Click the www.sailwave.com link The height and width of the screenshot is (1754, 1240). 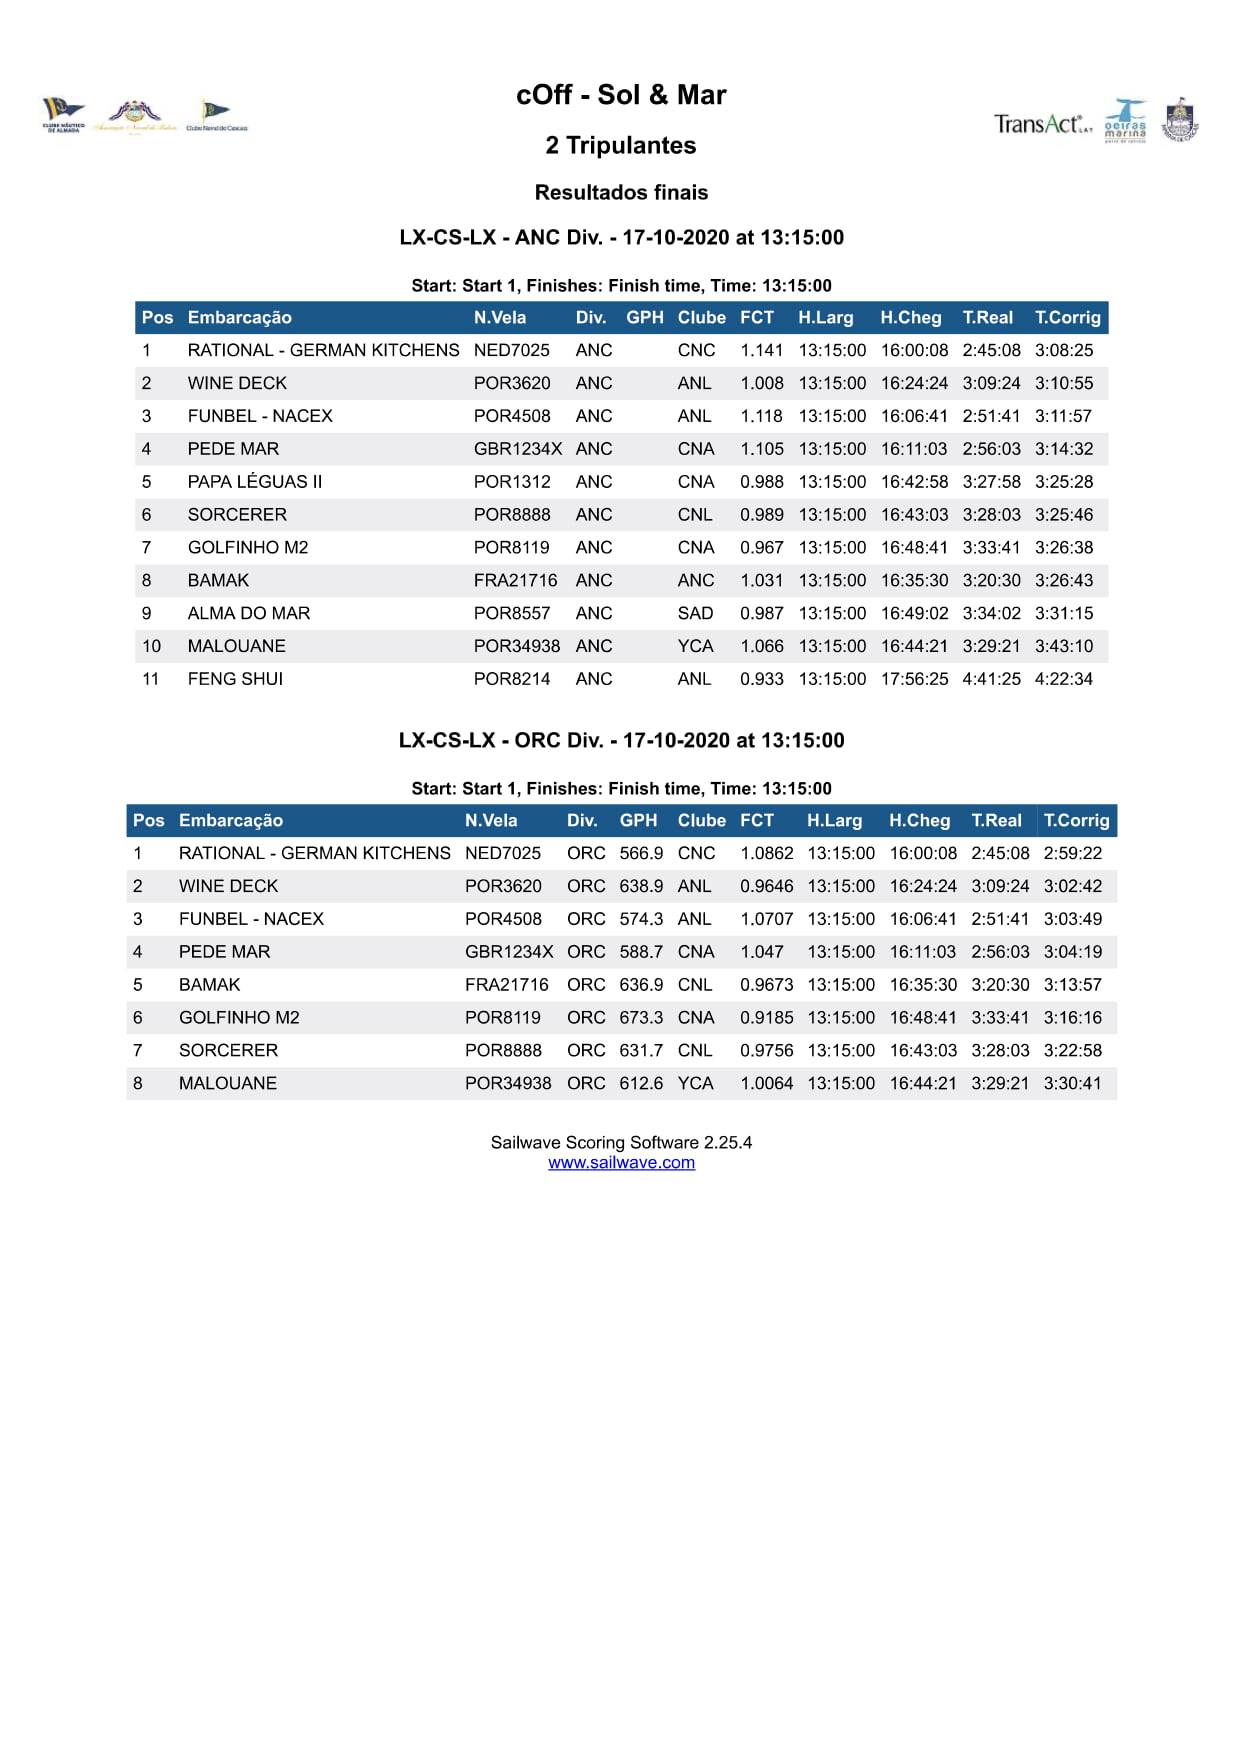(621, 1162)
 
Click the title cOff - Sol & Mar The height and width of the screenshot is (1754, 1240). (621, 95)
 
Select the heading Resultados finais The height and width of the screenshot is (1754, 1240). (621, 192)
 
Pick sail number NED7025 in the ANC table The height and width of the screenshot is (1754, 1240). (511, 350)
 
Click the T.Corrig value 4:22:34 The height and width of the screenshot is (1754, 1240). (1063, 679)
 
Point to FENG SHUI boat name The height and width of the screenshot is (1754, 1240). (235, 679)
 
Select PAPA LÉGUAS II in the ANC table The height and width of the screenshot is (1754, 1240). (255, 482)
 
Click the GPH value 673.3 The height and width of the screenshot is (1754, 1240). (641, 1018)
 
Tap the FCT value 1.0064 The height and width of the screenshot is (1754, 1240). (766, 1083)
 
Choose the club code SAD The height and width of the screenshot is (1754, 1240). (695, 613)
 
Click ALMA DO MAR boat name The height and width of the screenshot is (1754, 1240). (249, 613)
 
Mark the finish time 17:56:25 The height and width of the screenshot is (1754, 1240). (914, 679)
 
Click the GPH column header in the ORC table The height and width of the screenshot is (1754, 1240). (638, 821)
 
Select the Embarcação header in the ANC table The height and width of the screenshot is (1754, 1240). (240, 318)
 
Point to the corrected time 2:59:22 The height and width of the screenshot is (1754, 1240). (1072, 853)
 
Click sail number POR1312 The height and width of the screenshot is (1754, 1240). (512, 482)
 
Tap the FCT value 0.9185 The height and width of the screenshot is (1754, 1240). (766, 1018)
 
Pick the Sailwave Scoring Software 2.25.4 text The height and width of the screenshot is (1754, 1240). (621, 1142)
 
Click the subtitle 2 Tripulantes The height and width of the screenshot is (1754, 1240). (621, 146)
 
